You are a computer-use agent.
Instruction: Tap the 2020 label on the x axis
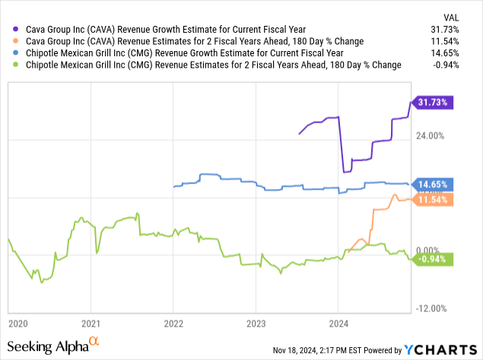[19, 323]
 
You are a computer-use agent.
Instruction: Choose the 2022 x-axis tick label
[173, 323]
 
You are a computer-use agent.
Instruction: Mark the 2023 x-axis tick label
[256, 323]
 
